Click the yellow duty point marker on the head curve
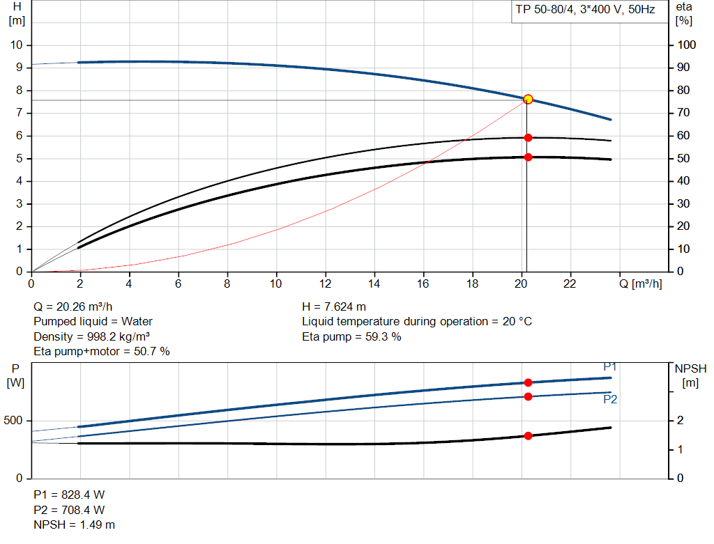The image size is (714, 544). [x=528, y=99]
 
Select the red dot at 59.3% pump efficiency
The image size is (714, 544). [x=528, y=138]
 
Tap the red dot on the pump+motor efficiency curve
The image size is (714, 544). [x=528, y=157]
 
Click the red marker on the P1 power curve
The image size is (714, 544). [x=528, y=382]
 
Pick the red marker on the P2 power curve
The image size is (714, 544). [x=528, y=396]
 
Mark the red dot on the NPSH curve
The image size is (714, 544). [x=528, y=436]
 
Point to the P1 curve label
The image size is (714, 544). [x=609, y=367]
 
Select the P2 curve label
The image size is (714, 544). [x=609, y=400]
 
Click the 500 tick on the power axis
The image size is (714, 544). [x=15, y=421]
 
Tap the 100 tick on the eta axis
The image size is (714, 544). [x=688, y=45]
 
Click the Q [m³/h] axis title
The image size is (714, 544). [x=640, y=283]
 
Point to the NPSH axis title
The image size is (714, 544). [x=690, y=368]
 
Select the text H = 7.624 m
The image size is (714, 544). [x=334, y=306]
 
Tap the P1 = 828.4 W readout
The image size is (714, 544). [x=70, y=495]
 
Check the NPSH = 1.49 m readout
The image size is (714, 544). [x=75, y=524]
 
